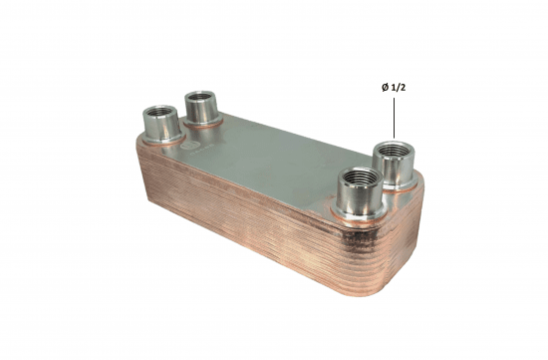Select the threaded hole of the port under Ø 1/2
tap(392, 155)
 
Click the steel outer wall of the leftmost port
tap(158, 130)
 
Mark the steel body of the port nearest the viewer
tap(355, 202)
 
